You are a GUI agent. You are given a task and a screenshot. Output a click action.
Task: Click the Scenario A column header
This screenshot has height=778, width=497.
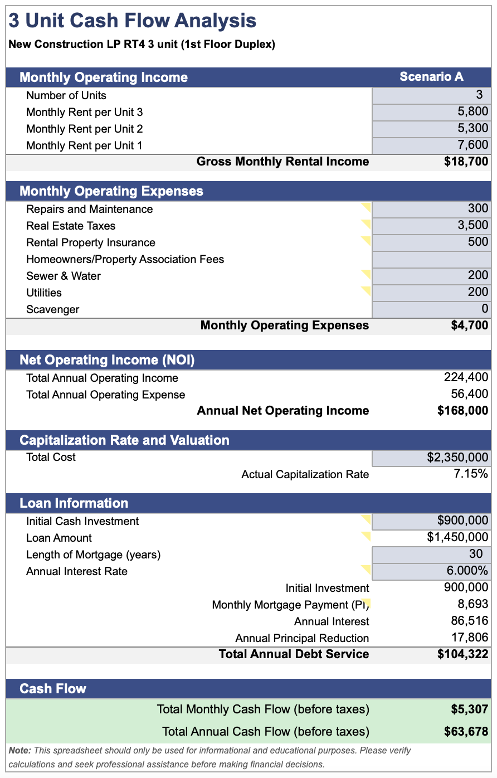pos(431,76)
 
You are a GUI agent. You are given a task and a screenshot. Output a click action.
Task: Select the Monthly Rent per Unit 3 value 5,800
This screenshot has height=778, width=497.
pos(472,111)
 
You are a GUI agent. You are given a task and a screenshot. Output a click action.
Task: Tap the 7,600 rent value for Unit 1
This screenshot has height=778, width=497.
pos(472,144)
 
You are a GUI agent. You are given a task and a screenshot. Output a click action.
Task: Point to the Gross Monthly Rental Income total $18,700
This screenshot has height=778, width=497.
pos(466,161)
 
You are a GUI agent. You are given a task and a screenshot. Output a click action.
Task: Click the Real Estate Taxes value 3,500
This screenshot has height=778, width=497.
pos(472,225)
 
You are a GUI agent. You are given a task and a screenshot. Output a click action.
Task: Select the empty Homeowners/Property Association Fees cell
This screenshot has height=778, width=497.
pos(431,260)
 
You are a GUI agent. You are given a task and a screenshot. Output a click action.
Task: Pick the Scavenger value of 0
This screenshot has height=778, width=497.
pos(485,308)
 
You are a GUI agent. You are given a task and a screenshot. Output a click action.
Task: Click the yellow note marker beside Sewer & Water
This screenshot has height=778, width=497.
pos(367,274)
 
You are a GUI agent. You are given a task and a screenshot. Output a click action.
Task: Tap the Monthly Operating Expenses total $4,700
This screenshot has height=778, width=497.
pos(470,325)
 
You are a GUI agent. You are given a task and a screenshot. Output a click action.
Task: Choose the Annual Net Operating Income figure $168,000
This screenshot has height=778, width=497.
pos(462,410)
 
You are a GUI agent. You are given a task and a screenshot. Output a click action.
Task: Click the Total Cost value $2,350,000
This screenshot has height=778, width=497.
pos(457,457)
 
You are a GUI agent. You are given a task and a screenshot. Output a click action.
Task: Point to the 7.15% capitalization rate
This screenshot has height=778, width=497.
pos(471,473)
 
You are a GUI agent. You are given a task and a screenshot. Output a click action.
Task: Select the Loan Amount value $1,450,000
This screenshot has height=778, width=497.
pos(457,537)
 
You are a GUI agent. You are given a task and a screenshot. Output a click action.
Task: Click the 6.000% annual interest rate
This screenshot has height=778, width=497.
pos(467,570)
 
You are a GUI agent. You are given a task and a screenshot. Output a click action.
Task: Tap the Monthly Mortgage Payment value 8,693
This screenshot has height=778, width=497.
pos(472,604)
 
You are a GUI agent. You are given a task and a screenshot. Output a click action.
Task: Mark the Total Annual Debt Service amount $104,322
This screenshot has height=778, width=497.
pos(462,654)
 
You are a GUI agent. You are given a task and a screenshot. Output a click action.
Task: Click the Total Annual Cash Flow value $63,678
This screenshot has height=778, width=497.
pos(466,731)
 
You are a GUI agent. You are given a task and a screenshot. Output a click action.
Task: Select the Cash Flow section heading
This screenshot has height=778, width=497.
pos(53,688)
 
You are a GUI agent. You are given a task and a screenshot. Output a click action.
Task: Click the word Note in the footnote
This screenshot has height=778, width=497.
pos(20,751)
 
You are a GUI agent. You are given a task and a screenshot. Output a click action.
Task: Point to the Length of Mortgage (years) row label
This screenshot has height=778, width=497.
pos(94,555)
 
